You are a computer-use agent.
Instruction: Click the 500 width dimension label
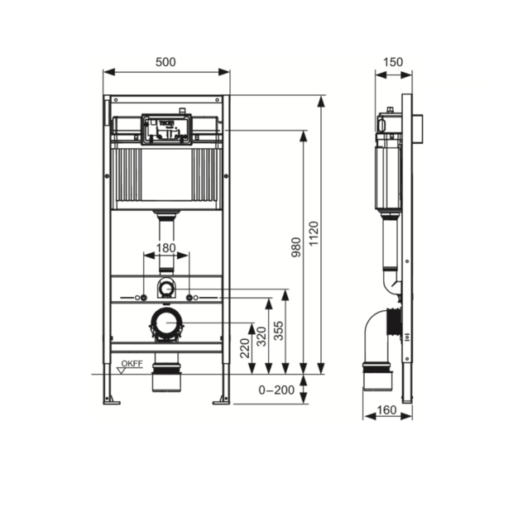coord(165,63)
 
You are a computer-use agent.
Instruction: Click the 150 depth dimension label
coord(393,63)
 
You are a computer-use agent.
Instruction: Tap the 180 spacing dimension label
coord(165,247)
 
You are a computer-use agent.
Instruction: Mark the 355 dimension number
coord(279,331)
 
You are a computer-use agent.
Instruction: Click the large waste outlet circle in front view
coord(166,324)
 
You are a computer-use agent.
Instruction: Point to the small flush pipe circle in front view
coord(166,289)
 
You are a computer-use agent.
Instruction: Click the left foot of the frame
coord(109,402)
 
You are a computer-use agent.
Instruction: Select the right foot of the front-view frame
coord(221,402)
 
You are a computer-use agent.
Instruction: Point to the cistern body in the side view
coord(386,178)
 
